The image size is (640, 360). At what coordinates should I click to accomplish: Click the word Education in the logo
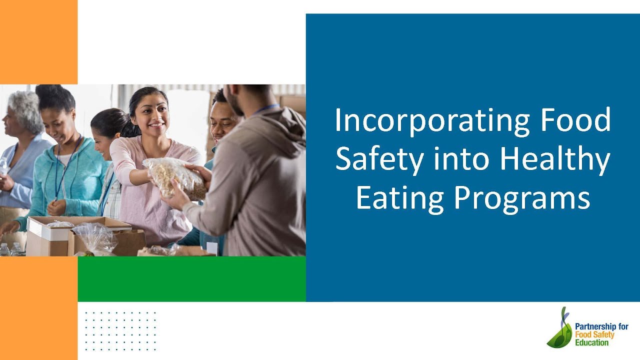tap(592, 343)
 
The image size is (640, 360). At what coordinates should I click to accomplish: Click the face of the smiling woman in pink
tap(151, 114)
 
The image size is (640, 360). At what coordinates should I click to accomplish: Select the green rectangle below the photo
tap(191, 278)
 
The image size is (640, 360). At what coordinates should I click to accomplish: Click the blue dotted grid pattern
tap(120, 330)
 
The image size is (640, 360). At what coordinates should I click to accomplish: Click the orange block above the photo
tap(38, 42)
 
